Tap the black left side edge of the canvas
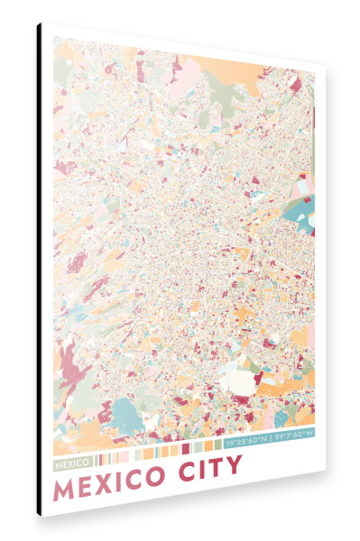[40, 270]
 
